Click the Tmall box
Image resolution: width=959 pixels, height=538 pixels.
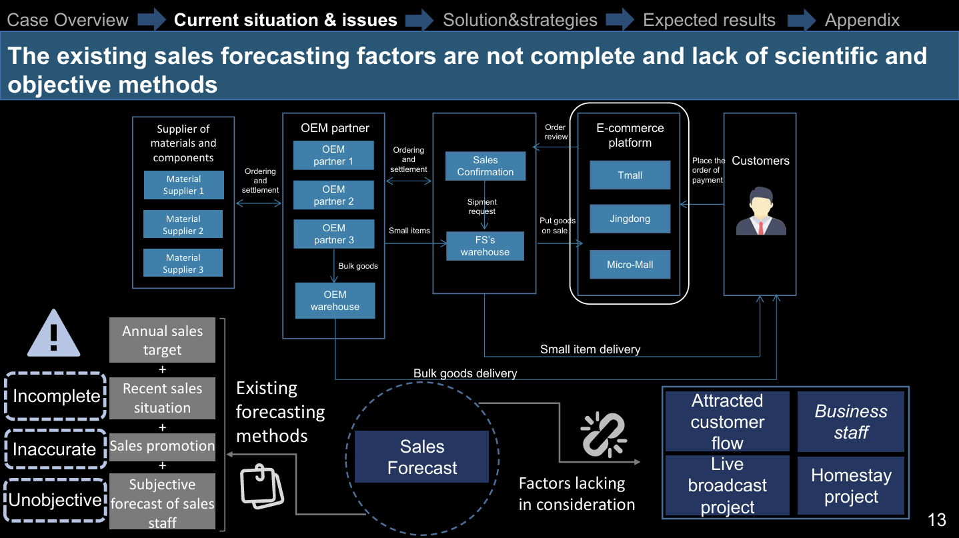pos(630,175)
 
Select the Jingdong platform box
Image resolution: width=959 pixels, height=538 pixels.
pos(630,219)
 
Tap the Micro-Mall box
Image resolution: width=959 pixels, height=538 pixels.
pos(630,265)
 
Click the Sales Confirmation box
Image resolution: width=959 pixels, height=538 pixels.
pos(485,166)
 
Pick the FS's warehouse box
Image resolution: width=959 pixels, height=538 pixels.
pos(485,246)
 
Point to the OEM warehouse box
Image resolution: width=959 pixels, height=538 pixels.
pos(335,301)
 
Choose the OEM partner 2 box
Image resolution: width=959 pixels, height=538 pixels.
pos(333,195)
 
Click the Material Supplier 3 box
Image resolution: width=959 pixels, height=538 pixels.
pos(183,263)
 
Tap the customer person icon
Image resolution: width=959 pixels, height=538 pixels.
pos(761,211)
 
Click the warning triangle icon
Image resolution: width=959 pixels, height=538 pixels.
pos(53,333)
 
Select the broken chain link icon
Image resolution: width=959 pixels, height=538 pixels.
pos(604,435)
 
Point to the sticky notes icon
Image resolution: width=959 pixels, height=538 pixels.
pos(261,487)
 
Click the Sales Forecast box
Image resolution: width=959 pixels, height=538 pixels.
pos(421,457)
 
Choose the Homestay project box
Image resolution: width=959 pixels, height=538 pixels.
pos(851,486)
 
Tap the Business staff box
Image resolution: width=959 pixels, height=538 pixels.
pos(851,421)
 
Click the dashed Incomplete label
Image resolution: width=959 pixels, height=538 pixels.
pos(55,396)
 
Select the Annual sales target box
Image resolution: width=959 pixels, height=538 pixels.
pos(162,340)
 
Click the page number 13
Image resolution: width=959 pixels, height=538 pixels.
pos(936,520)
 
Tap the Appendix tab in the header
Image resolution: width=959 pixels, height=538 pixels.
pos(862,20)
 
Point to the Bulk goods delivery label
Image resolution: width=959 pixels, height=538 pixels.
pos(465,373)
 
